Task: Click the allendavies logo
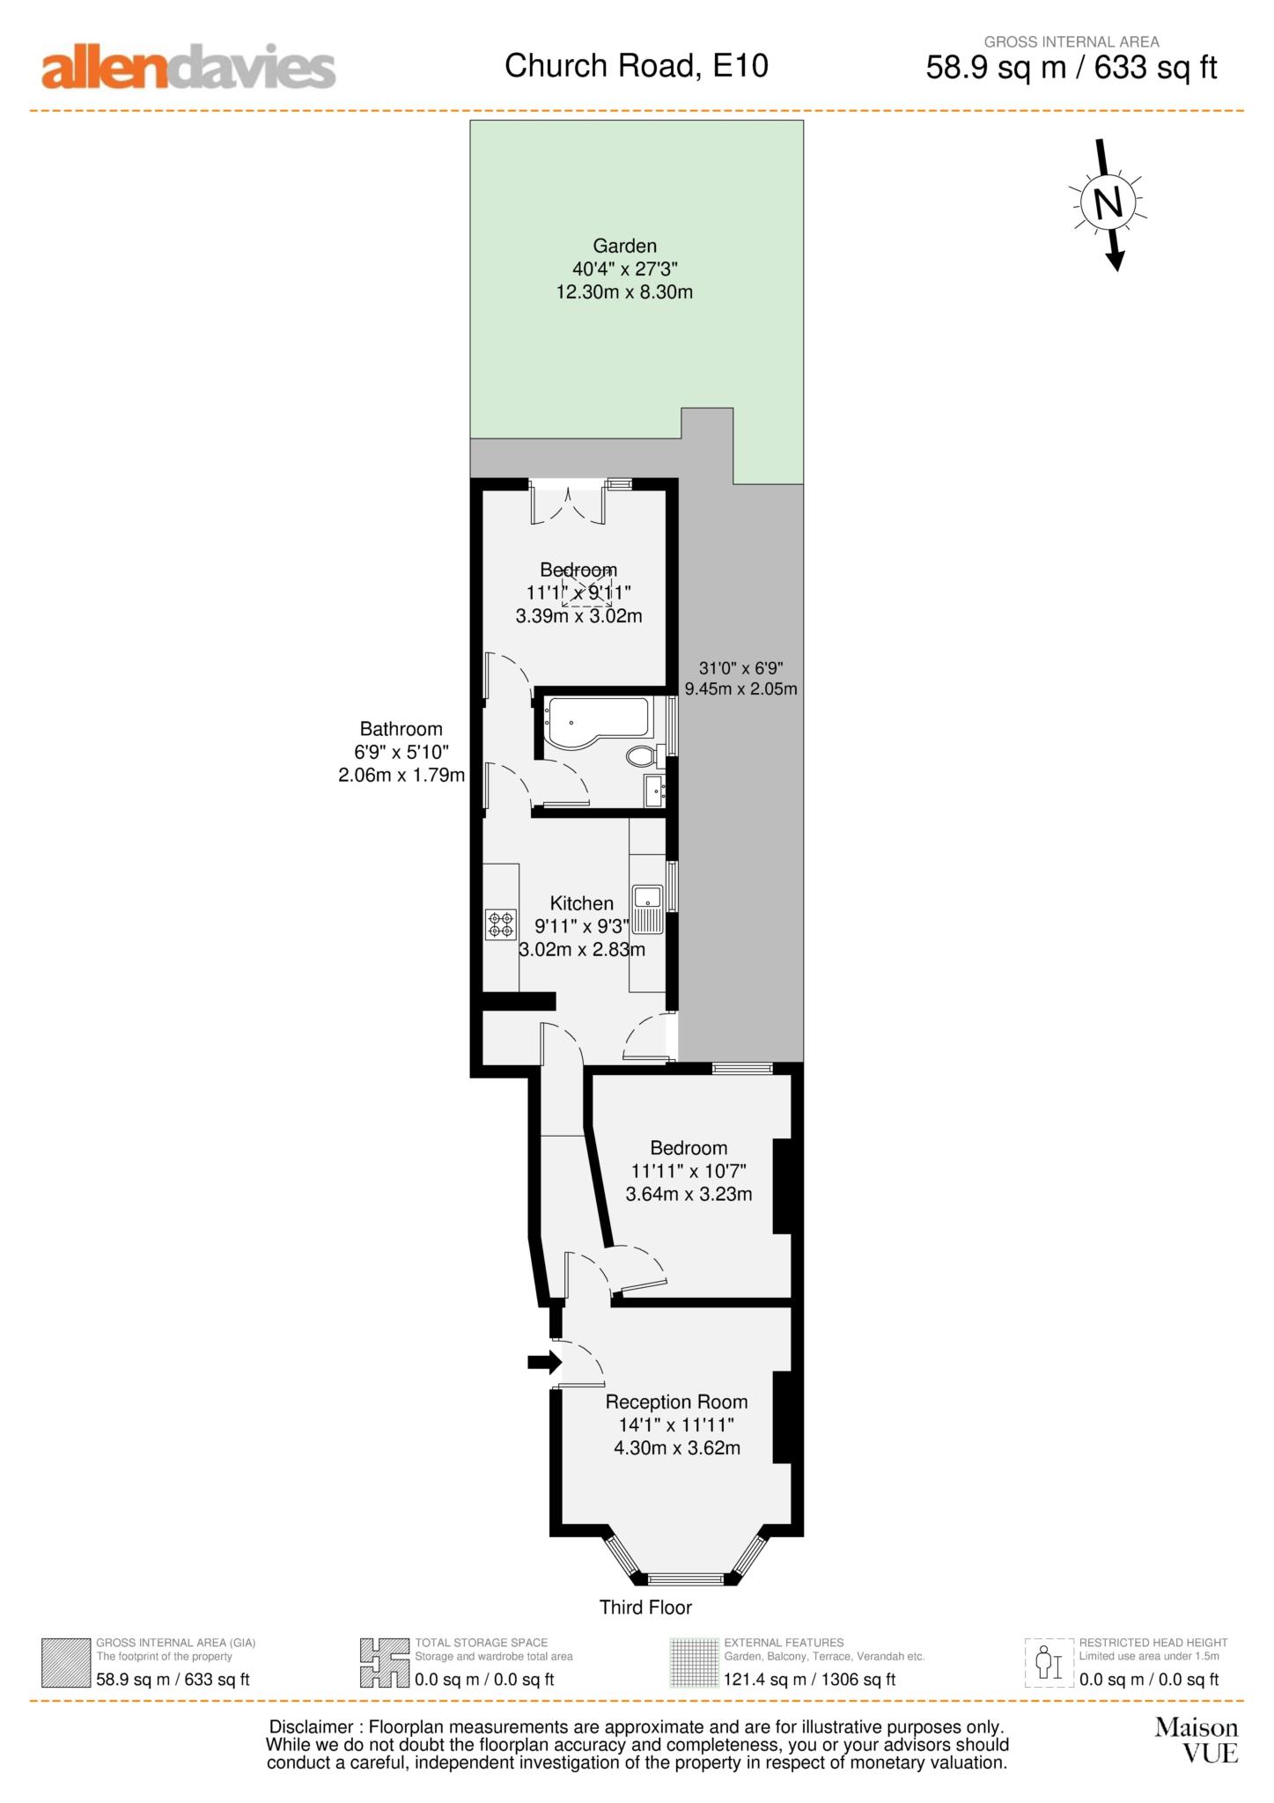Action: click(x=188, y=68)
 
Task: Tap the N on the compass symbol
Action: click(x=1108, y=204)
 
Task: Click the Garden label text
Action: click(x=624, y=246)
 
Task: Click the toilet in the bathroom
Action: click(x=644, y=755)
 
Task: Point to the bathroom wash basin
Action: click(x=654, y=790)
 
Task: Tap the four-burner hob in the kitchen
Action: click(x=501, y=924)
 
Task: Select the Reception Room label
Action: click(x=676, y=1402)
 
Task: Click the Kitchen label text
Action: click(x=581, y=903)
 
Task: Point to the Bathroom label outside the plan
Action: click(x=401, y=729)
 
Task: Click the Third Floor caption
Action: click(x=645, y=1608)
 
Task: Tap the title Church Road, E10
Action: click(x=636, y=66)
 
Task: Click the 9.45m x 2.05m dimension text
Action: click(x=740, y=688)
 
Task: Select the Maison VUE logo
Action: click(x=1197, y=1740)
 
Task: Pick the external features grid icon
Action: click(x=694, y=1663)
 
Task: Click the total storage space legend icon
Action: click(x=384, y=1663)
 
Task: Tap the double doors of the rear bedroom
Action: click(x=568, y=504)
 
